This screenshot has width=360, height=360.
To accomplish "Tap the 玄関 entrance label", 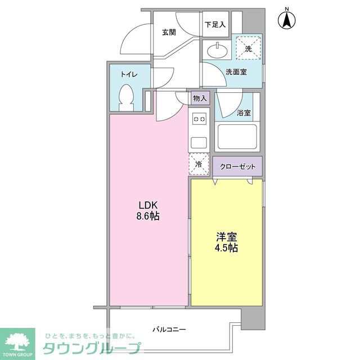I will (x=169, y=32).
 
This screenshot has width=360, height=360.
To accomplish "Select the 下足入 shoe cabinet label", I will (x=214, y=25).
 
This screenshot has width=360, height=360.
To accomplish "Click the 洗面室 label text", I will (x=237, y=72).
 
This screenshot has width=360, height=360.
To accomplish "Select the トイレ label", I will (x=130, y=74).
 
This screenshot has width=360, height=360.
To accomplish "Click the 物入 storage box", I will (x=200, y=98).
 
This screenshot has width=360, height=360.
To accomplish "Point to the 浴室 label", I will (x=244, y=113).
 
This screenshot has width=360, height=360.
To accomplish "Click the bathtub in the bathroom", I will (x=237, y=137).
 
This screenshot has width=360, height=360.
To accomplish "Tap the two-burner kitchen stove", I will (x=199, y=119).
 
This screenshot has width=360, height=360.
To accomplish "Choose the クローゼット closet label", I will (x=237, y=166).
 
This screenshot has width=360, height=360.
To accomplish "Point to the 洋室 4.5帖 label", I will (x=226, y=242).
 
